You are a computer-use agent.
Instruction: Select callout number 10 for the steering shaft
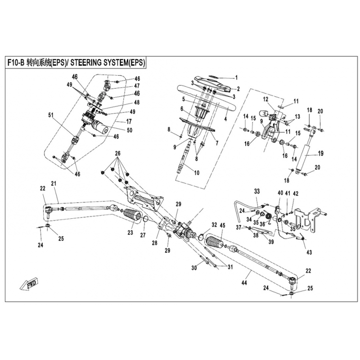(196, 173)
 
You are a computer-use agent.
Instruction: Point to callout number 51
(50, 115)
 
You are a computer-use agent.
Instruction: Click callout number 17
(129, 121)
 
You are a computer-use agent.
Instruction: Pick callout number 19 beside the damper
(321, 153)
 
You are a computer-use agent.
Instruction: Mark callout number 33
(257, 192)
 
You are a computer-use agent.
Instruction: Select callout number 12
(266, 99)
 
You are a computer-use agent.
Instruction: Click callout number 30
(194, 268)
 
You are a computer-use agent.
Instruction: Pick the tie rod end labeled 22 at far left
(49, 209)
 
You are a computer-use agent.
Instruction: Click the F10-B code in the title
(18, 63)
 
